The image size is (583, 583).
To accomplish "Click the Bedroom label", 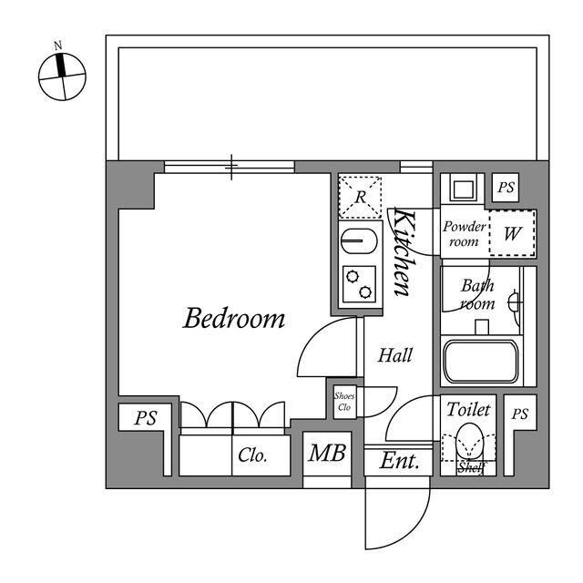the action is click(234, 318).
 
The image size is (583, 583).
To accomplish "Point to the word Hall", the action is click(394, 355).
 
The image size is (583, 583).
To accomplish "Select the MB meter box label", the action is click(327, 453).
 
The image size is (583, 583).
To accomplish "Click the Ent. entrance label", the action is click(399, 461).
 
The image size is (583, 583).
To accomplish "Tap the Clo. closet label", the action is click(252, 455).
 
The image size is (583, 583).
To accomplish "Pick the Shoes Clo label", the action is click(344, 402).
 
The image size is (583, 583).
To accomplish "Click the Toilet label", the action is click(468, 409).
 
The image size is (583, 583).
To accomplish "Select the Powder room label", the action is click(465, 234).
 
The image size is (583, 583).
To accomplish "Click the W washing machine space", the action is click(512, 233).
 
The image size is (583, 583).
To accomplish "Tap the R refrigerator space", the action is click(361, 197).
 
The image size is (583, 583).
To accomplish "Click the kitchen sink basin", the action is click(359, 240).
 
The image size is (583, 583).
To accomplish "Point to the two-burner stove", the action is click(359, 284).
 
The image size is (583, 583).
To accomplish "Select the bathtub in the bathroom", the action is click(481, 362).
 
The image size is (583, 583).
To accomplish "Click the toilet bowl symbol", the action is click(469, 442).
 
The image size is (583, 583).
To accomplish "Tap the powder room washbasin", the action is click(463, 189).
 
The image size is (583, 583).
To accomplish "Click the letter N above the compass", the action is click(57, 46).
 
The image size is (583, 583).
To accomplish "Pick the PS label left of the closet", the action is click(146, 418).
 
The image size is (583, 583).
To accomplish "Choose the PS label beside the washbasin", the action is click(506, 187).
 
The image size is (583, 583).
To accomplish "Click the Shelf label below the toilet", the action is click(472, 467).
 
